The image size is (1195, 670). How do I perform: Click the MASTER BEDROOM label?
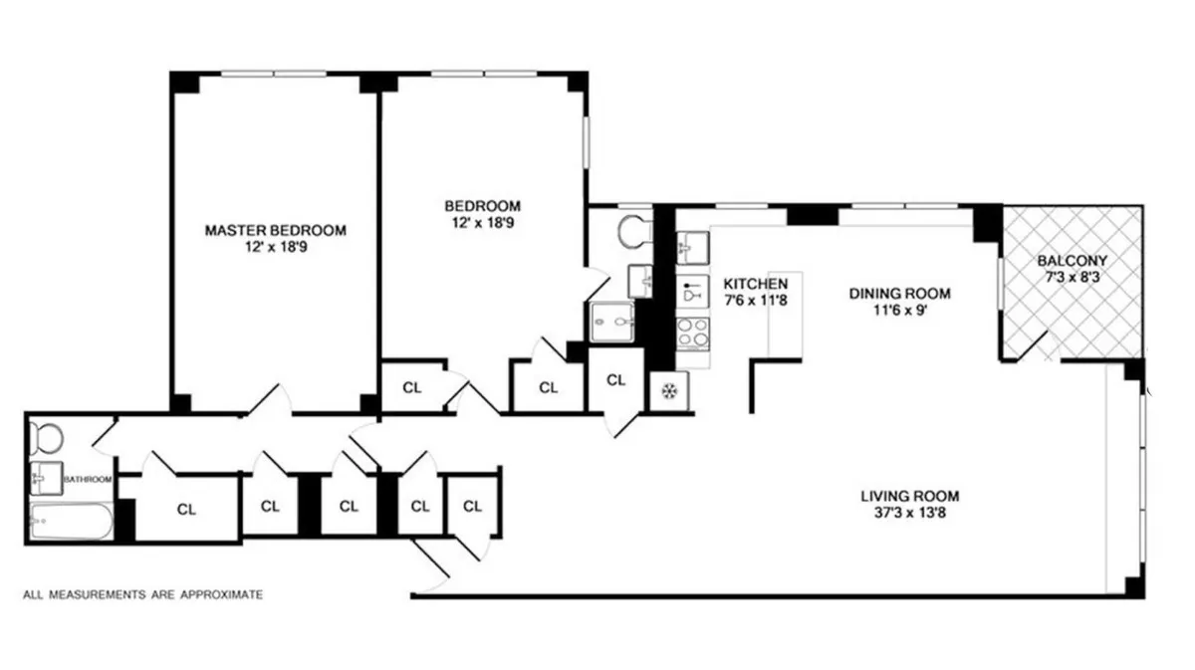point(275,230)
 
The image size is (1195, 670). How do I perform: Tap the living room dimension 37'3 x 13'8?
point(910,515)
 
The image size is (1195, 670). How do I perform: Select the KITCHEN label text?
point(756,283)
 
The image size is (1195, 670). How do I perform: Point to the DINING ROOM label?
point(899,293)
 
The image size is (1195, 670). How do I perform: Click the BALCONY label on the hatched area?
point(1071,261)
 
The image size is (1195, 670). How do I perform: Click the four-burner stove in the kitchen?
point(693,332)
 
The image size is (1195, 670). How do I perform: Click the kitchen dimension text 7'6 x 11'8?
point(756,300)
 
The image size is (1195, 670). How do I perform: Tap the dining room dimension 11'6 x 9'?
point(899,310)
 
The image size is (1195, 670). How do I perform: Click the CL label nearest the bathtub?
point(186,509)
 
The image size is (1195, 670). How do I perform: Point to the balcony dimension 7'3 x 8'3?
point(1071,277)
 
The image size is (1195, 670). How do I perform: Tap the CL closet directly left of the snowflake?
point(616,380)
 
